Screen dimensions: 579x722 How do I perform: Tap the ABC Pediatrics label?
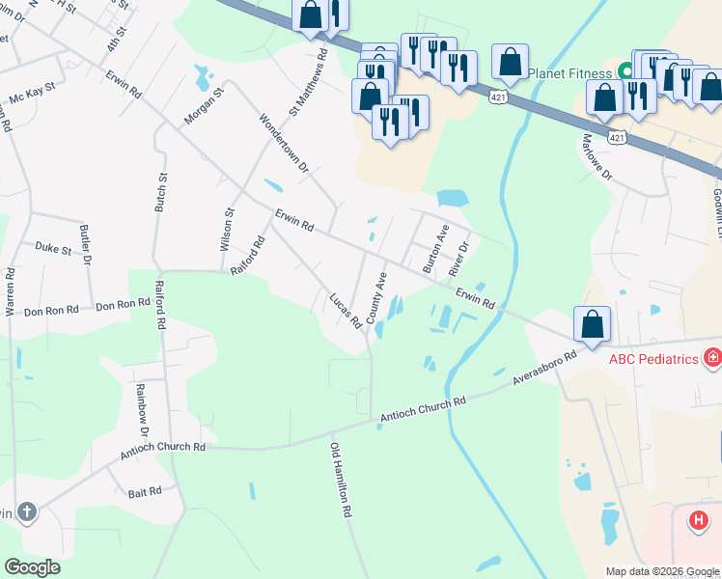tap(653, 359)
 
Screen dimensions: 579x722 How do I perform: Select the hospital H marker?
tap(699, 521)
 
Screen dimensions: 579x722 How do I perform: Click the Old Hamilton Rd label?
tap(341, 482)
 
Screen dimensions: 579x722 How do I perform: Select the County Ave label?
tap(377, 297)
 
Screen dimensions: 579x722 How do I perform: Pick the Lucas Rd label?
tap(345, 309)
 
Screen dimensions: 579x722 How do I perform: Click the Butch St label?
tap(161, 193)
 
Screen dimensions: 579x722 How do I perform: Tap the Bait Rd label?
tap(144, 492)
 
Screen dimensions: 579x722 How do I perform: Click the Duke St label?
tap(54, 249)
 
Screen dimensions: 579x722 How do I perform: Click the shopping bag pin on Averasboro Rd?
tap(592, 325)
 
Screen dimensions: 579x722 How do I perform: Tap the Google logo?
tap(32, 567)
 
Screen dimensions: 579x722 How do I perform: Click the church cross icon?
tap(26, 511)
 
